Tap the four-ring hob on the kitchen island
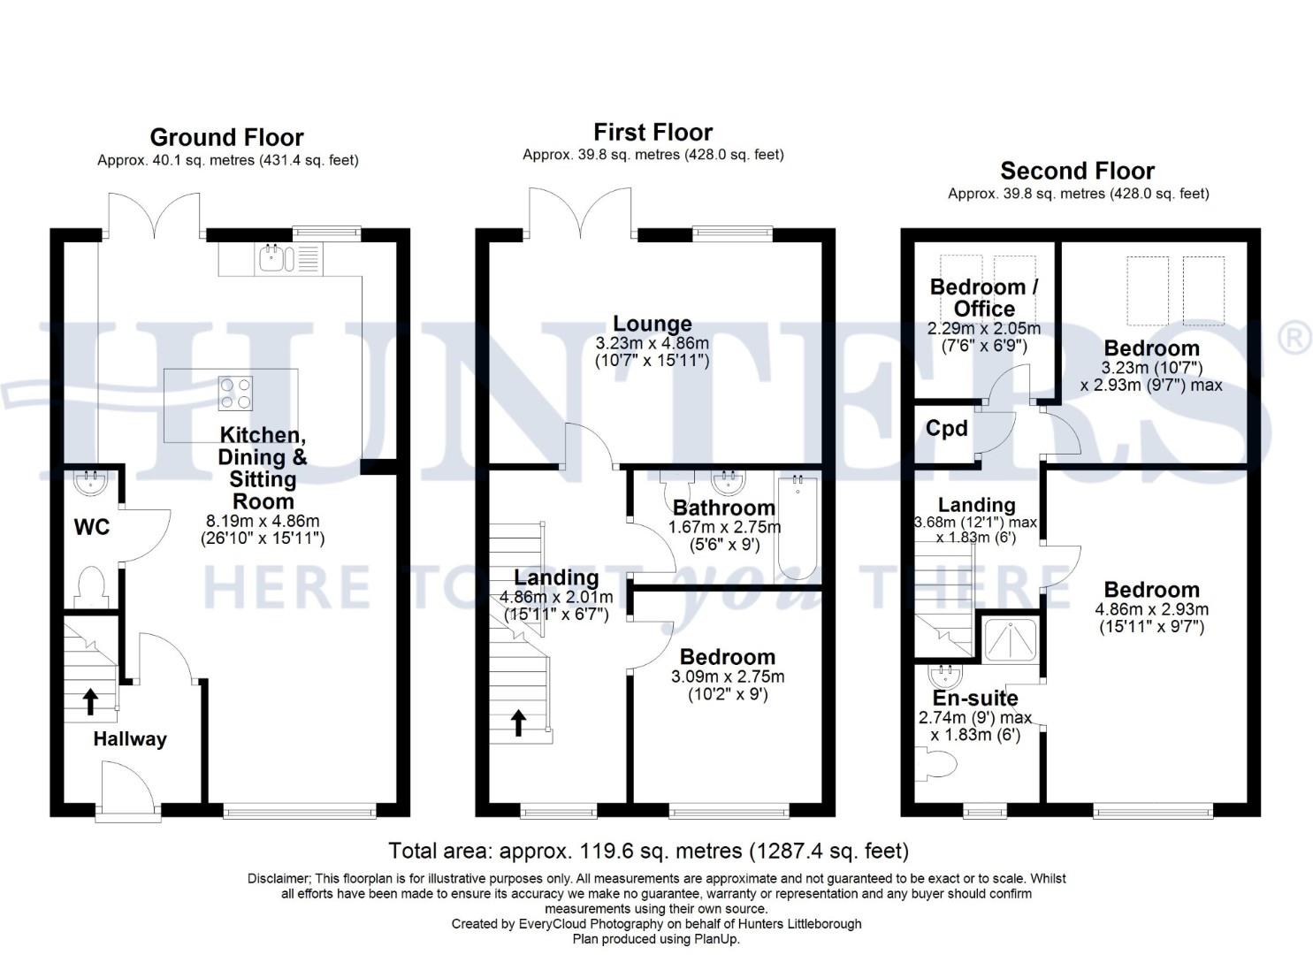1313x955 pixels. point(235,393)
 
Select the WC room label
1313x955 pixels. point(91,528)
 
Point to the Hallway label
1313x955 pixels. point(130,739)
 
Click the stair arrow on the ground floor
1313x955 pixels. point(89,701)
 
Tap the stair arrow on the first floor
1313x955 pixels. point(518,722)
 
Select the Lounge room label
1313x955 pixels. point(653,324)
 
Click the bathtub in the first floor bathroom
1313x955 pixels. point(798,527)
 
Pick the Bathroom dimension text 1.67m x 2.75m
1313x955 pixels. point(724,527)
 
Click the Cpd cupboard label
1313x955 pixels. point(946,429)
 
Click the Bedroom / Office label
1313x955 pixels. point(984,298)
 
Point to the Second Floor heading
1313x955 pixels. point(1077,171)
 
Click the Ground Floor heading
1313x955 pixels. point(226,137)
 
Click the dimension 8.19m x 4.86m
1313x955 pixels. point(263,521)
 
